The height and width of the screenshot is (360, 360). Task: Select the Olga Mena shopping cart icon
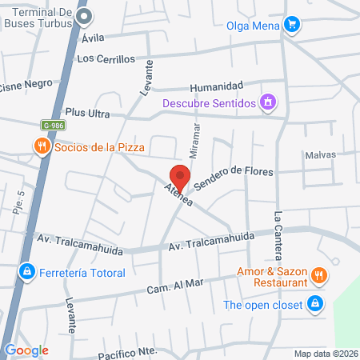click(294, 25)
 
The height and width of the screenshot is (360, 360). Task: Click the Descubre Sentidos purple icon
click(270, 103)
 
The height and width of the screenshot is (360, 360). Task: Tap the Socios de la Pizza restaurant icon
click(40, 146)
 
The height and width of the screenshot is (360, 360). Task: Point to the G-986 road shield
click(54, 125)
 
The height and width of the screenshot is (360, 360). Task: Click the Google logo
click(26, 350)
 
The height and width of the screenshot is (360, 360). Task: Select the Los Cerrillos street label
click(106, 58)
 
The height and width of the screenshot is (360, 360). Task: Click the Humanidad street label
click(215, 86)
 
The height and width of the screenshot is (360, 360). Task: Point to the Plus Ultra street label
click(87, 113)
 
